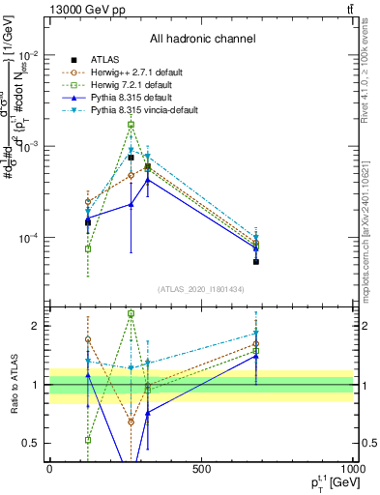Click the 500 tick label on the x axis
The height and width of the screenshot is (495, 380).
point(201,469)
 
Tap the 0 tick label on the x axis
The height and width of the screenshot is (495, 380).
point(49,469)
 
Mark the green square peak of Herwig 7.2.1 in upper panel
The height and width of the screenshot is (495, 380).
point(131,125)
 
